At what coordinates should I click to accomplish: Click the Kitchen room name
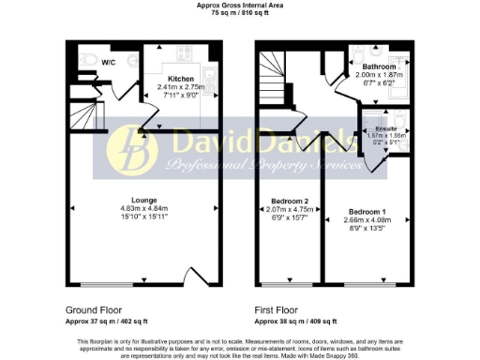point(181,79)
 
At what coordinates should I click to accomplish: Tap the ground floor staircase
point(81,117)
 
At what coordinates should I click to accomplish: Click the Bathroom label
point(380,67)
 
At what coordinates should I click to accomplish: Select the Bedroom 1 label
point(365,211)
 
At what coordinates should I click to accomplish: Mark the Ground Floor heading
point(94,309)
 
